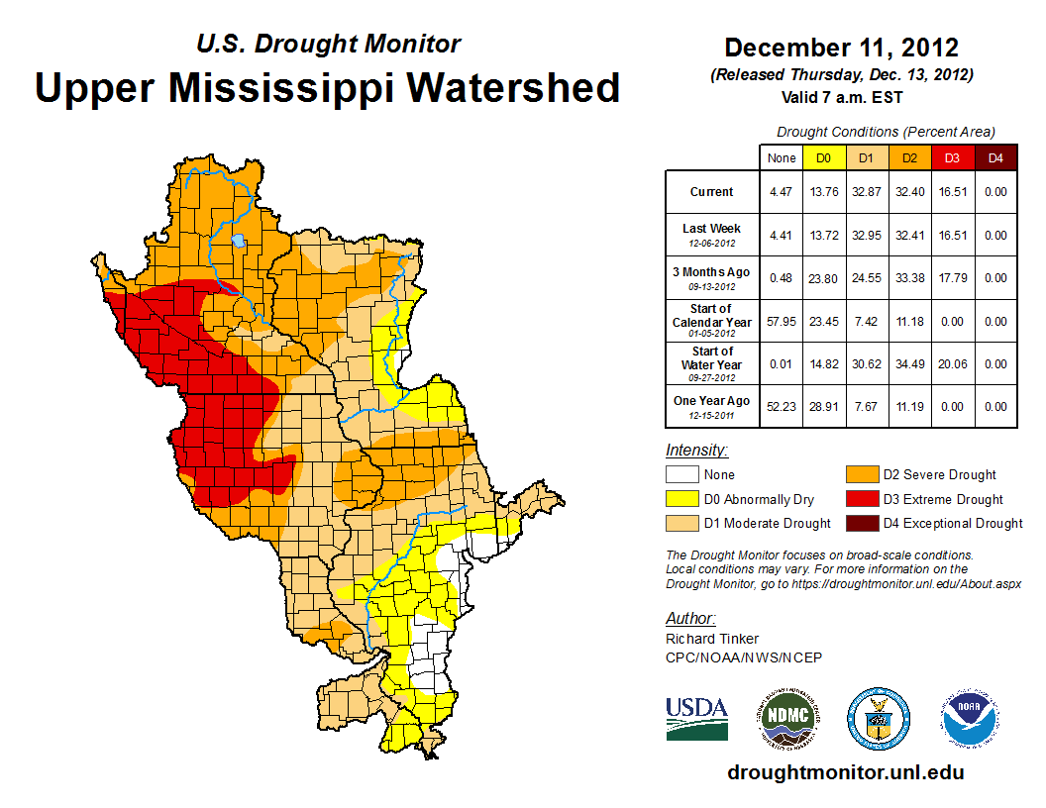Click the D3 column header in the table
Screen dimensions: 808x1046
pyautogui.click(x=951, y=157)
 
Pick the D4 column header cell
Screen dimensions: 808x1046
pyautogui.click(x=994, y=157)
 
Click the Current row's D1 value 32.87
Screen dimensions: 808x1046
pyautogui.click(x=866, y=192)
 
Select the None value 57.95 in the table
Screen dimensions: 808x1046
pyautogui.click(x=782, y=321)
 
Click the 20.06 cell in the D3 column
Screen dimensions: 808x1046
pyautogui.click(x=951, y=363)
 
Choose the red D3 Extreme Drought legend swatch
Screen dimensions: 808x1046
pyautogui.click(x=861, y=499)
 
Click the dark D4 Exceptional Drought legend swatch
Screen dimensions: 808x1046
pyautogui.click(x=861, y=523)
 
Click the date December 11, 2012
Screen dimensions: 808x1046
pyautogui.click(x=841, y=47)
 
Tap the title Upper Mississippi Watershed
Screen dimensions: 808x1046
pyautogui.click(x=328, y=87)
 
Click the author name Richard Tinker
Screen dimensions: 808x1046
pyautogui.click(x=712, y=639)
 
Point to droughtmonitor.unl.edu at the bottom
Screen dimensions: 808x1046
pyautogui.click(x=845, y=772)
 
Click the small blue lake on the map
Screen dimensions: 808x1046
pyautogui.click(x=238, y=240)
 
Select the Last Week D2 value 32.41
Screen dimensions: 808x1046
pyautogui.click(x=908, y=235)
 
